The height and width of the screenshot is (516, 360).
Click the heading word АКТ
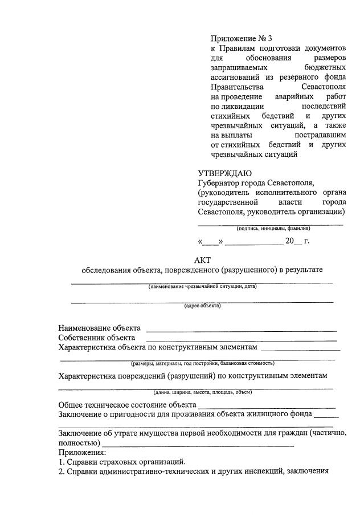(202, 260)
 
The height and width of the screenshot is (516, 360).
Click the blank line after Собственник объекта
(242, 340)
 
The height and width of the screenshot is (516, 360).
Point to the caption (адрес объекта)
(202, 306)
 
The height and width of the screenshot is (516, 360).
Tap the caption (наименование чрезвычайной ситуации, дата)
(202, 286)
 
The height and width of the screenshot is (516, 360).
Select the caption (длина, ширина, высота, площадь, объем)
(202, 392)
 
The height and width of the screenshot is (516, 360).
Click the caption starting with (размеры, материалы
(202, 363)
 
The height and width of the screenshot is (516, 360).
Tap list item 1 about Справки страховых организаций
(122, 462)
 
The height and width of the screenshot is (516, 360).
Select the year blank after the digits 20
(298, 242)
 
